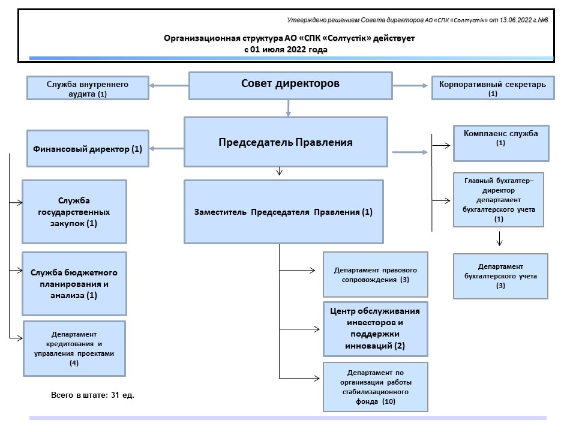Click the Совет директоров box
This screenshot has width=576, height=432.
tap(290, 86)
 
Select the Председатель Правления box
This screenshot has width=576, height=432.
tap(285, 142)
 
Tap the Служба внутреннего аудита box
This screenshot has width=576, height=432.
tap(87, 88)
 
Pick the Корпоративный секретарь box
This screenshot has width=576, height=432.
tap(493, 88)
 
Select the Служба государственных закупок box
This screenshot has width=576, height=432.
tap(74, 211)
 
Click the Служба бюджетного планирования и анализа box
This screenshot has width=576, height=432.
tap(74, 284)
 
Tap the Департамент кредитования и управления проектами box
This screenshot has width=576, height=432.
tap(74, 348)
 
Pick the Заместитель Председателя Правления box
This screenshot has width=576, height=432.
tap(284, 212)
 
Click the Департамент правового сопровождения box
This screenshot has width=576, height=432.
tap(375, 275)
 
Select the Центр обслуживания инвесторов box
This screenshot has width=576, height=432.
tap(376, 329)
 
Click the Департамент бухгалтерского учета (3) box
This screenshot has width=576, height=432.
tap(500, 276)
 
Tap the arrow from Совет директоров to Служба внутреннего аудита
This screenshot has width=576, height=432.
tap(168, 86)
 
